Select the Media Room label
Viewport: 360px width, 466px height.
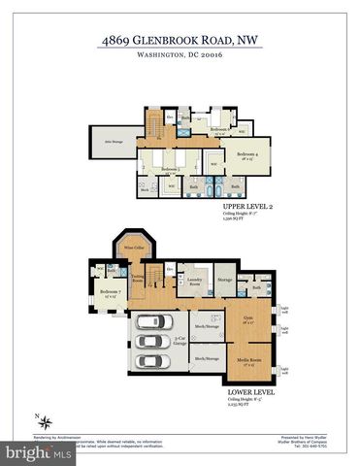point(248,360)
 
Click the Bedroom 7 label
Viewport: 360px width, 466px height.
point(110,292)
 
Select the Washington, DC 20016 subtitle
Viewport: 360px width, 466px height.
point(180,57)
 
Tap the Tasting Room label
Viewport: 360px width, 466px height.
point(137,279)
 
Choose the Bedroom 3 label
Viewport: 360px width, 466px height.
point(171,168)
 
